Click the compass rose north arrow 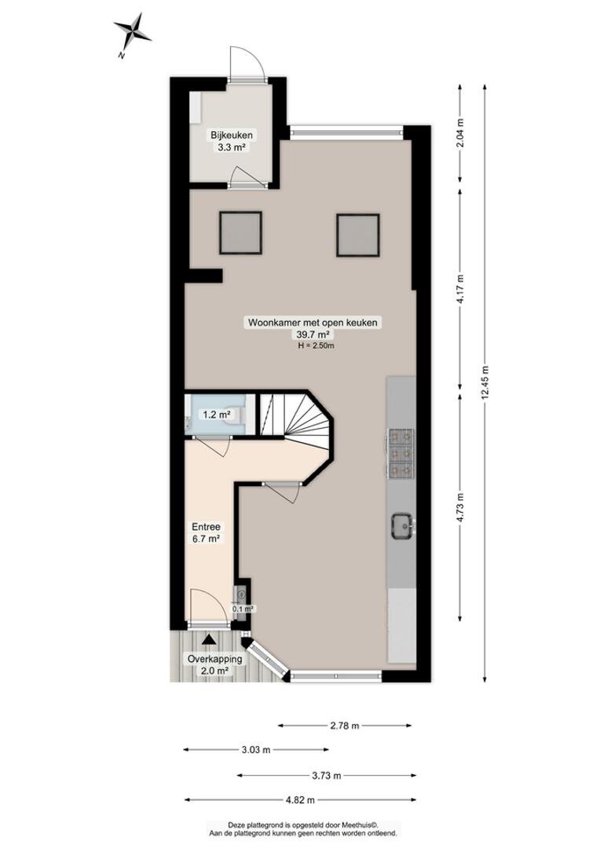click(132, 34)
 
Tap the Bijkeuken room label click(232, 135)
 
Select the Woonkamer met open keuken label click(313, 323)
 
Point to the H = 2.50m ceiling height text click(316, 345)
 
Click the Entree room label click(206, 527)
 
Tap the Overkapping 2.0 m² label click(214, 665)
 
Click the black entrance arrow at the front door click(209, 640)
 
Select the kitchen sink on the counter click(402, 525)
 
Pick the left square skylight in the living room click(241, 233)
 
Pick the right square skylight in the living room click(357, 235)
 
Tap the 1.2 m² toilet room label click(217, 415)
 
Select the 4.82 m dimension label click(301, 799)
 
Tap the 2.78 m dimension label click(345, 726)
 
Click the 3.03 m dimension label click(256, 750)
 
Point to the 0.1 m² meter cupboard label click(243, 609)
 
